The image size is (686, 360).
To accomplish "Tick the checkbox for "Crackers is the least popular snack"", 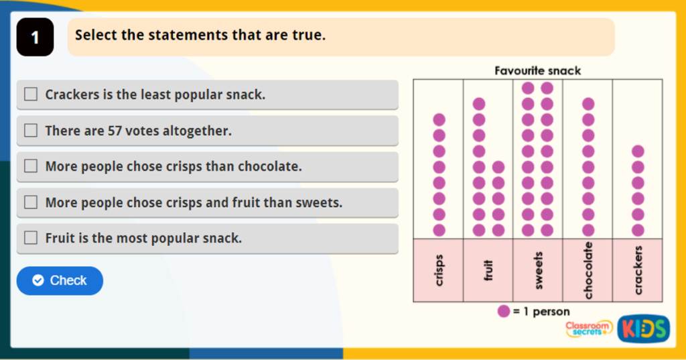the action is pos(31,94).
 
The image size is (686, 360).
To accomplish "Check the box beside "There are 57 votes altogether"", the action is pos(31,131).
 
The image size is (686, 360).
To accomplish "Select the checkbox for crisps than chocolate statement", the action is pos(31,166).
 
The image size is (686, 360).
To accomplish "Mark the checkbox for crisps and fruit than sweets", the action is pos(31,202).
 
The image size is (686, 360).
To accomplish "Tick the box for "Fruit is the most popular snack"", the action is pos(31,238).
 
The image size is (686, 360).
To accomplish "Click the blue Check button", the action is pos(60,280).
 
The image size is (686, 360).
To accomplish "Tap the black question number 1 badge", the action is pos(35,38).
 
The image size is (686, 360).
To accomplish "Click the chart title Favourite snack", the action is pos(538,70).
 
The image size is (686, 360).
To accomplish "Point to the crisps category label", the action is pos(439,270).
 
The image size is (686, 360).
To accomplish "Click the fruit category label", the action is pos(488,270).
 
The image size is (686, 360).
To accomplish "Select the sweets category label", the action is pos(538,270).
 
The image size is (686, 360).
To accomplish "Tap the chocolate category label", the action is pos(588,270).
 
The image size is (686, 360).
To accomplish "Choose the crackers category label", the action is pos(638,270).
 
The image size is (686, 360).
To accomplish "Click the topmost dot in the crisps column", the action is pos(439,119).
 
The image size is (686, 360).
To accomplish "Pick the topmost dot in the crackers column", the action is pos(638,152).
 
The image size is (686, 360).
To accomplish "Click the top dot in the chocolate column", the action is pos(588,104).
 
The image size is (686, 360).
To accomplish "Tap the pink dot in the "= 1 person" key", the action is pos(504,311).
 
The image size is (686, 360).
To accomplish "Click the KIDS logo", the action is pos(644,329).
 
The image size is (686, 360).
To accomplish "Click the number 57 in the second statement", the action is pos(115,131).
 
